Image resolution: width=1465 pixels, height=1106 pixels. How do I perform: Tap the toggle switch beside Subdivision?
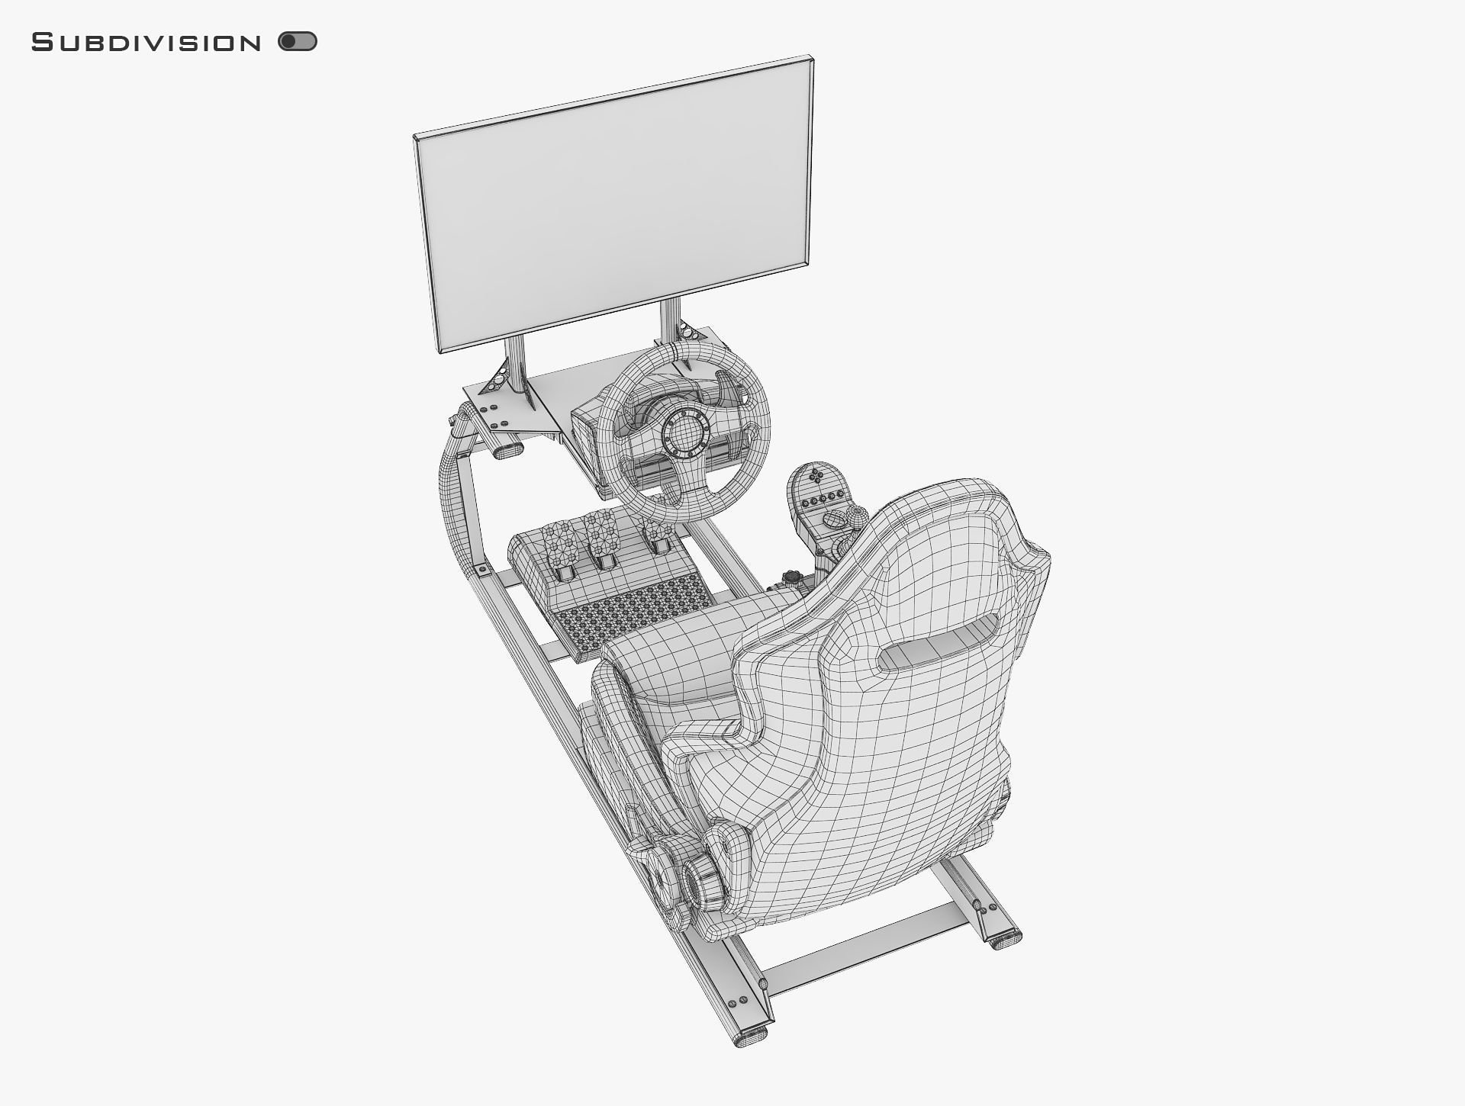pos(298,41)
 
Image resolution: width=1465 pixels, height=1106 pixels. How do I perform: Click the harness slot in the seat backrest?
pos(938,641)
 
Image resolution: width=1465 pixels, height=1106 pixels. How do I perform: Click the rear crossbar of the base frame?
pos(862,950)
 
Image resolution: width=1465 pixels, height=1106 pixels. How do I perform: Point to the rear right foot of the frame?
pos(1005,938)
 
